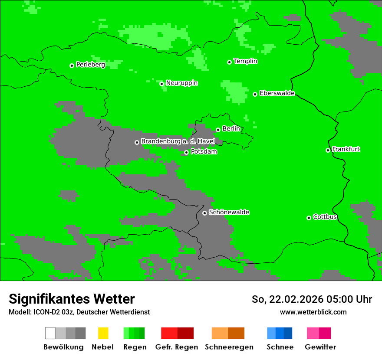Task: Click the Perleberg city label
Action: pyautogui.click(x=90, y=65)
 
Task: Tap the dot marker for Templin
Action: pyautogui.click(x=229, y=62)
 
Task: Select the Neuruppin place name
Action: pyautogui.click(x=181, y=83)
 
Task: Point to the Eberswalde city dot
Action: pyautogui.click(x=255, y=94)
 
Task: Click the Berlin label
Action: pyautogui.click(x=231, y=129)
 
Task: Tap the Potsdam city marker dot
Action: pyautogui.click(x=186, y=152)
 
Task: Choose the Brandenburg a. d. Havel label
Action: pyautogui.click(x=178, y=141)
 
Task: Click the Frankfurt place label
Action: pyautogui.click(x=346, y=149)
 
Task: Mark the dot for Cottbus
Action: pyautogui.click(x=309, y=218)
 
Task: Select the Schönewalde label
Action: pyautogui.click(x=229, y=212)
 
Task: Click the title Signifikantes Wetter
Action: pyautogui.click(x=72, y=299)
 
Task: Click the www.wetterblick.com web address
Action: pyautogui.click(x=313, y=312)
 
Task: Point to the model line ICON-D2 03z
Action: pyautogui.click(x=79, y=312)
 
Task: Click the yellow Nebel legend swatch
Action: pyautogui.click(x=103, y=333)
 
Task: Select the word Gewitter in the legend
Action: pyautogui.click(x=320, y=347)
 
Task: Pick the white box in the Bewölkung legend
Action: pyautogui.click(x=50, y=333)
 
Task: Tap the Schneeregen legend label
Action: pyautogui.click(x=229, y=347)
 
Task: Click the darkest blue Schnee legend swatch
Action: pyautogui.click(x=288, y=333)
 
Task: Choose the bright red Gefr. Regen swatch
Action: pyautogui.click(x=169, y=333)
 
